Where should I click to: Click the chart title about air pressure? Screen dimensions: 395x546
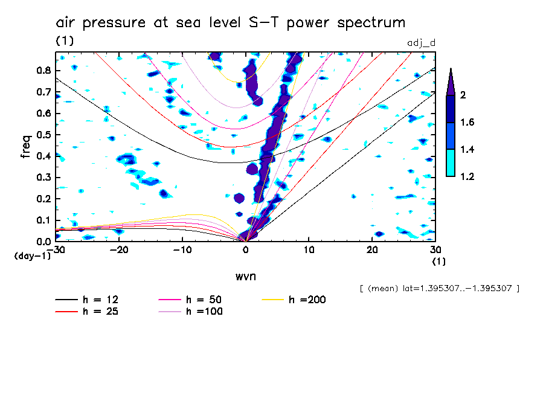pyautogui.click(x=230, y=23)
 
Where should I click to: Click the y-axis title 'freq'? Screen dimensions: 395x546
pyautogui.click(x=26, y=147)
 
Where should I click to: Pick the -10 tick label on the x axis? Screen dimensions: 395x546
pyautogui.click(x=182, y=249)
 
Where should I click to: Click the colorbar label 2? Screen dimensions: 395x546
pyautogui.click(x=463, y=95)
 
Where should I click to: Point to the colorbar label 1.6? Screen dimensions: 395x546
pyautogui.click(x=466, y=123)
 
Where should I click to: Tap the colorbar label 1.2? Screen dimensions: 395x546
pyautogui.click(x=466, y=176)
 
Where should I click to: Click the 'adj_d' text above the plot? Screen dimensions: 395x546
pyautogui.click(x=422, y=41)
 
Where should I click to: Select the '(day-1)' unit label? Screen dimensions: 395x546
pyautogui.click(x=32, y=256)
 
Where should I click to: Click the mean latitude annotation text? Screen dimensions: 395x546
pyautogui.click(x=439, y=288)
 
